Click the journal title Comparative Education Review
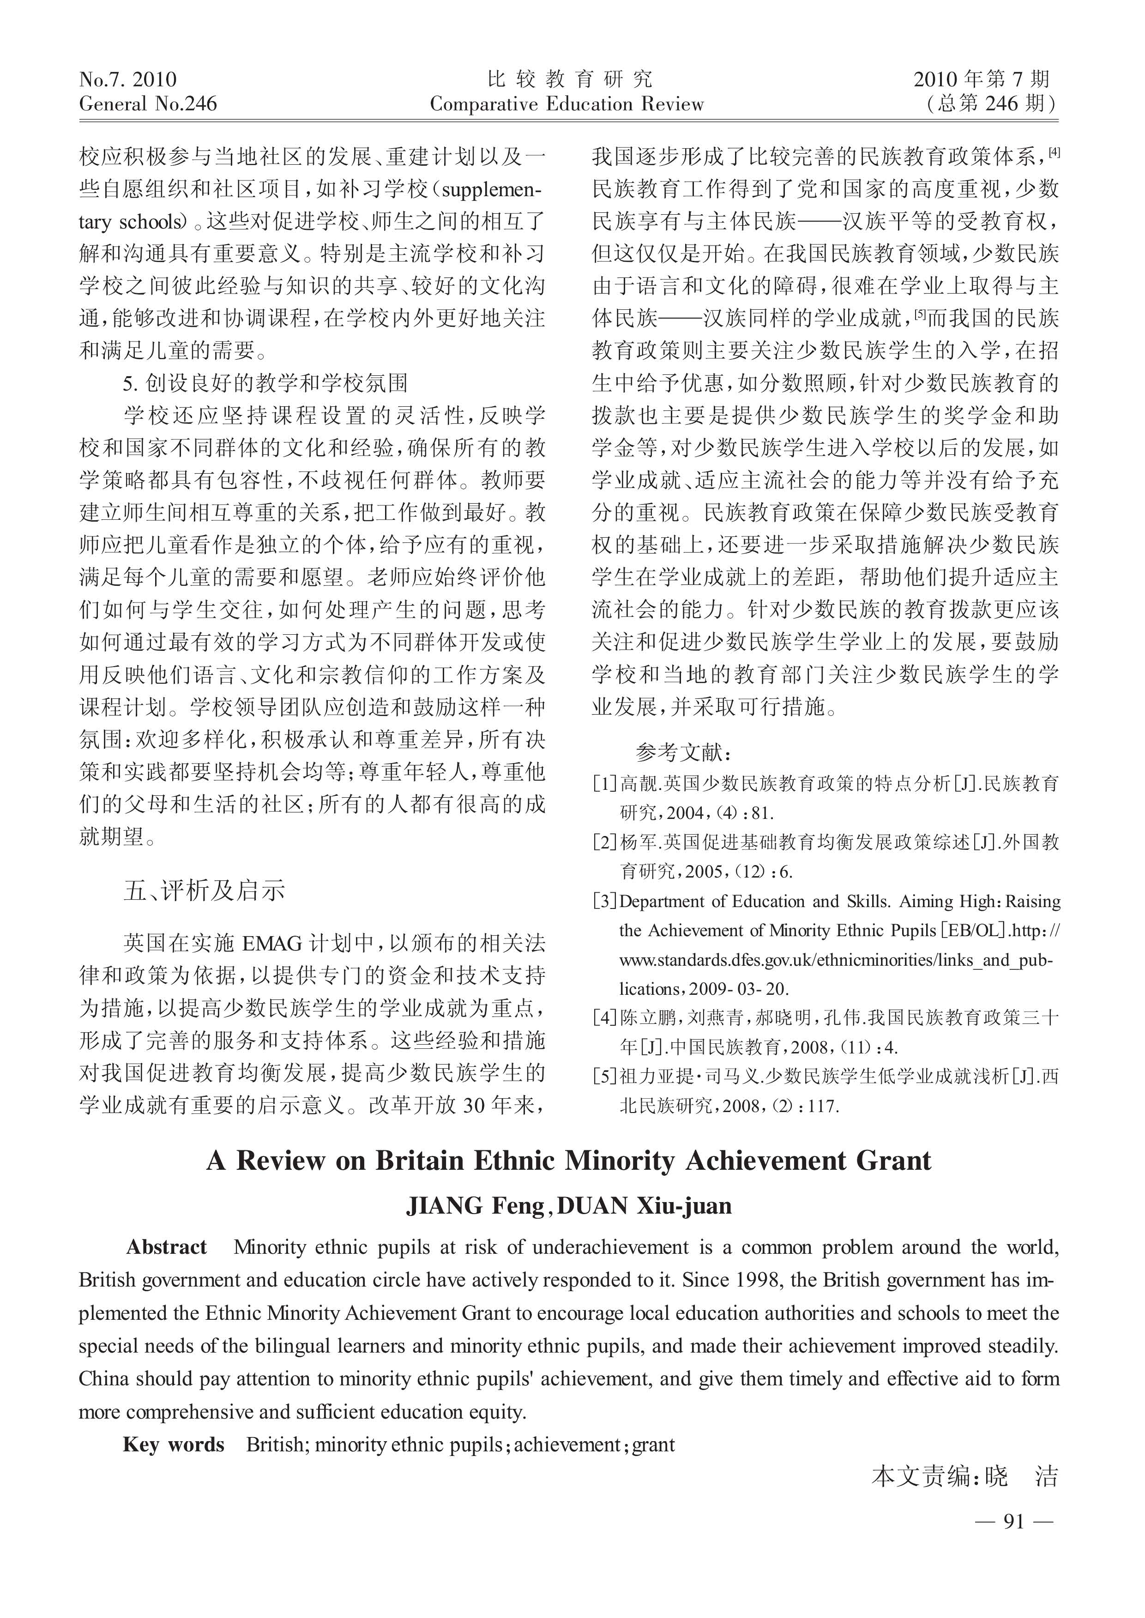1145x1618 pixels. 567,104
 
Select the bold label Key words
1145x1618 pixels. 174,1444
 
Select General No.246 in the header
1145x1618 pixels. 148,104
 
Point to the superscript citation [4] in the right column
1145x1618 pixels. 1054,151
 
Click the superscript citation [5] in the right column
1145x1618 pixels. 919,314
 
